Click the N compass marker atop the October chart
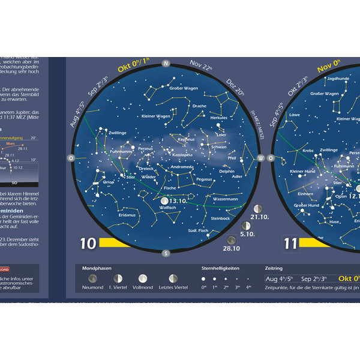coord(166,63)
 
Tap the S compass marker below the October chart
coord(166,253)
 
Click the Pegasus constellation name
coord(204,179)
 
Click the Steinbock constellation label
coord(221,218)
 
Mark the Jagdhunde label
coord(338,79)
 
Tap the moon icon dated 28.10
coord(231,240)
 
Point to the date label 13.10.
coord(178,201)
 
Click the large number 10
coord(88,244)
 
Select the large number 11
coord(291,244)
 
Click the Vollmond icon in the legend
coord(143,278)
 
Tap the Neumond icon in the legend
coord(92,278)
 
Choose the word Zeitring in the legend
coord(275,268)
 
